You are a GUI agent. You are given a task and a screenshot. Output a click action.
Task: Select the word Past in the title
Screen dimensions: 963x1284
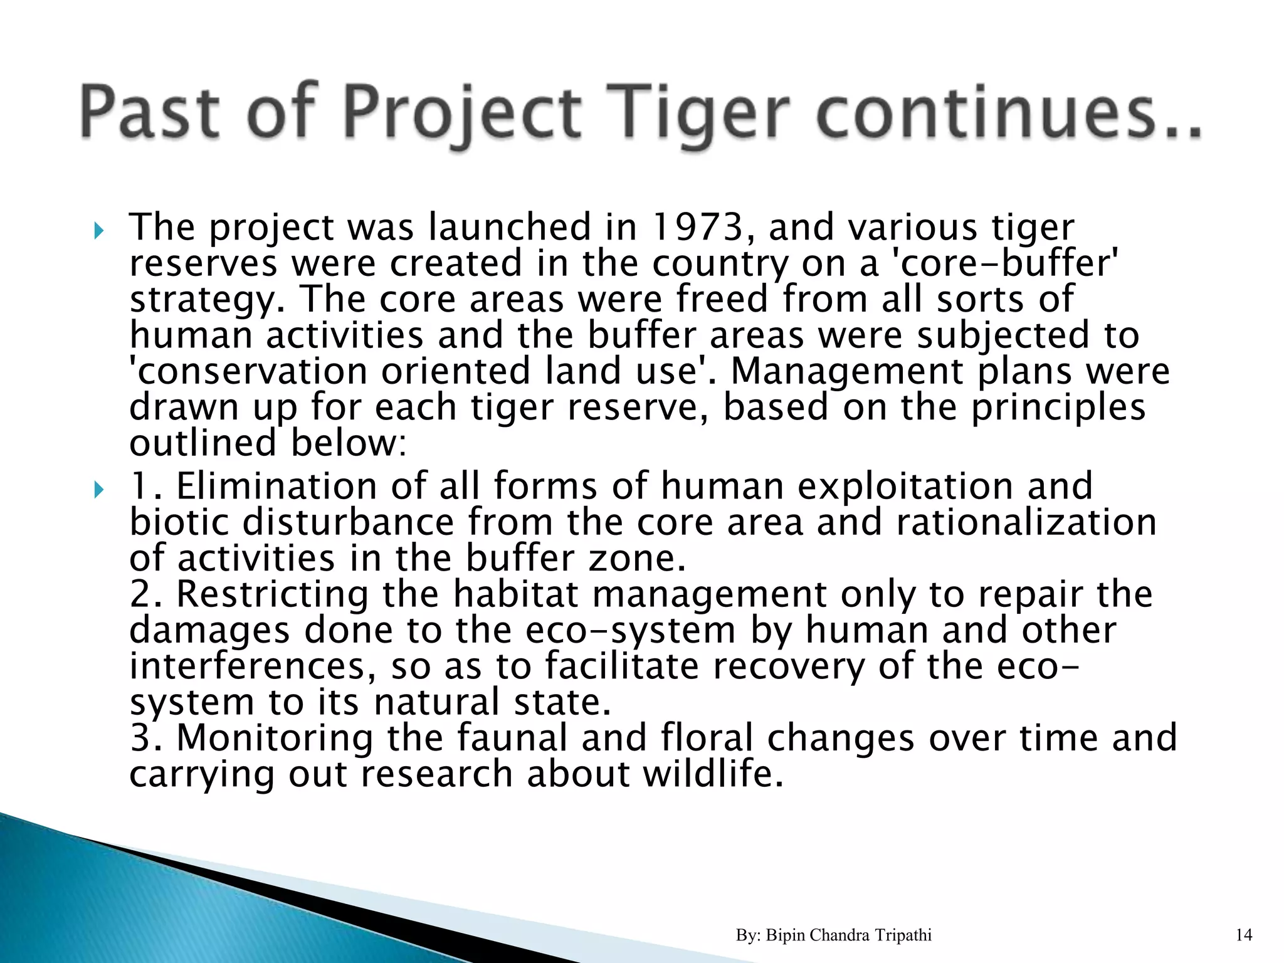click(x=150, y=114)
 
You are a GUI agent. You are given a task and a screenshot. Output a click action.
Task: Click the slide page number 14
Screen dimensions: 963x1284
click(x=1244, y=935)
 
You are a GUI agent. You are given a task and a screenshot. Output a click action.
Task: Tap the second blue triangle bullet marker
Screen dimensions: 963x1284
click(x=98, y=490)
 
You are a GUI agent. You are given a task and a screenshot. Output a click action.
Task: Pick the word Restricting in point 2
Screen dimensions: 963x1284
click(x=272, y=594)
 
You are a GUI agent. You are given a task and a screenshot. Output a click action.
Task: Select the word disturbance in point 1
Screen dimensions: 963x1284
click(x=348, y=522)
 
